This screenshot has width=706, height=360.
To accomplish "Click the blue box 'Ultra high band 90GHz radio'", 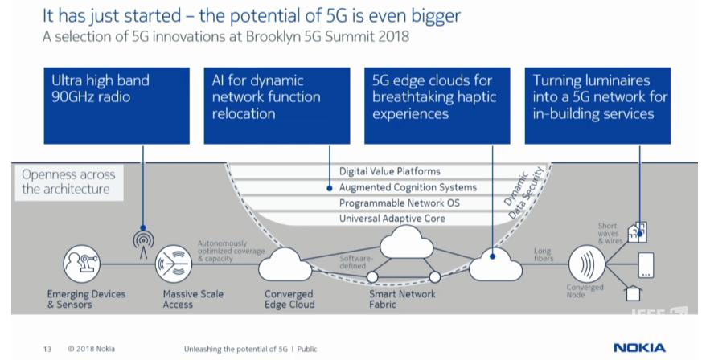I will (116, 105).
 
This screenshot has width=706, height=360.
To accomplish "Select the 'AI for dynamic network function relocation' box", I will (276, 105).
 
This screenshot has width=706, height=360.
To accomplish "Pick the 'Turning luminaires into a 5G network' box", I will (597, 105).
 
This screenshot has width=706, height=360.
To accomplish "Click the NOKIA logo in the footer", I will (639, 348).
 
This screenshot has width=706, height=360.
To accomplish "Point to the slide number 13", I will (47, 349).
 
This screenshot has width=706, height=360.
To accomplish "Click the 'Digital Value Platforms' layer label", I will (390, 171).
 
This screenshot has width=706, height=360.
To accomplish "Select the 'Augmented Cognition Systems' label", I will (408, 187).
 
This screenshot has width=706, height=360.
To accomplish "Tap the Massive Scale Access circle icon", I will (178, 264).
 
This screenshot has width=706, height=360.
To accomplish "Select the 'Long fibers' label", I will (544, 255).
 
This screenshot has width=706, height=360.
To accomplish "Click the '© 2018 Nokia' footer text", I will (91, 349).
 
